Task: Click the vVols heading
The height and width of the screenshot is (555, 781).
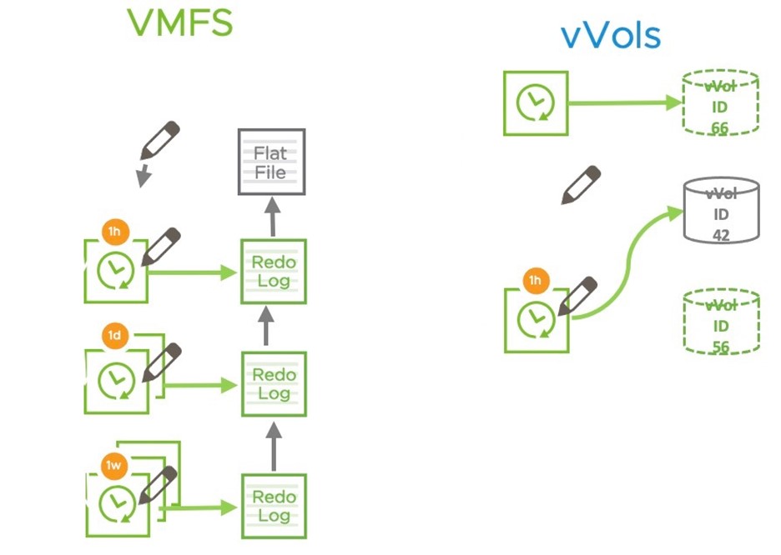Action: click(x=610, y=36)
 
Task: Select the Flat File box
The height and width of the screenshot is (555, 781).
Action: click(x=271, y=162)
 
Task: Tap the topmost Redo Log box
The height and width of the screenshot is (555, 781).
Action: click(x=273, y=271)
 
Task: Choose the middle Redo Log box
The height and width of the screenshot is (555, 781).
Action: click(x=273, y=383)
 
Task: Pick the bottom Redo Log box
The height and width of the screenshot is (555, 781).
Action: click(x=273, y=506)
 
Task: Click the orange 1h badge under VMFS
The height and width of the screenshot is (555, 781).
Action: click(x=113, y=231)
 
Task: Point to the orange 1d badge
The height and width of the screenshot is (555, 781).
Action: click(x=114, y=337)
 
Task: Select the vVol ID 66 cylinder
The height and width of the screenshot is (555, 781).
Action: click(x=720, y=102)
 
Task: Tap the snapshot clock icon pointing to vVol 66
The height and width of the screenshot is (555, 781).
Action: click(x=535, y=102)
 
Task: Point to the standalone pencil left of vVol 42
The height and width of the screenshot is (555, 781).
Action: click(x=581, y=184)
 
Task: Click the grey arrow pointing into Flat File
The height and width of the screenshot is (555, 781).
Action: click(x=272, y=217)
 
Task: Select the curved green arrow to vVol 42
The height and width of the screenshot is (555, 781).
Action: click(x=626, y=258)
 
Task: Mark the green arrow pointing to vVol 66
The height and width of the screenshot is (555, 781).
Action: click(x=624, y=102)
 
